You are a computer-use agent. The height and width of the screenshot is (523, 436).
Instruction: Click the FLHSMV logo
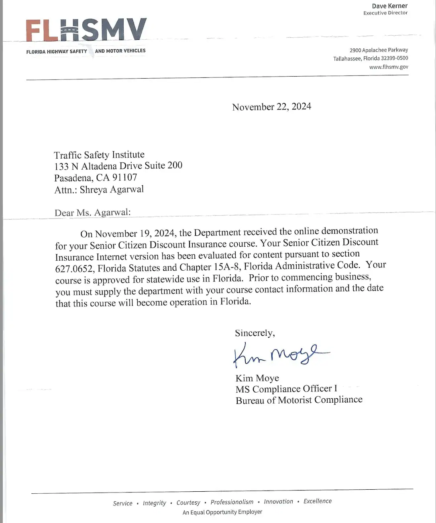pos(86,30)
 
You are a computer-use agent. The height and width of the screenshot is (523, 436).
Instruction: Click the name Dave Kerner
pos(389,6)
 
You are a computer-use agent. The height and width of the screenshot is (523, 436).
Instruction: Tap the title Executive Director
pos(385,13)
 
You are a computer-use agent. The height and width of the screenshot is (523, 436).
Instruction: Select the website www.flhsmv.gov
pos(389,67)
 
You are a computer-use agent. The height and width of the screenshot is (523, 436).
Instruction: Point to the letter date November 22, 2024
pos(271,107)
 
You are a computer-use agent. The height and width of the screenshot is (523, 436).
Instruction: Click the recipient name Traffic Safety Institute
pos(99,155)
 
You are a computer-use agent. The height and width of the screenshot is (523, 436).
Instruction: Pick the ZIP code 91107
pos(124,177)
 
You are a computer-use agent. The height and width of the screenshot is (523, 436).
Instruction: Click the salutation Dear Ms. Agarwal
pos(92,213)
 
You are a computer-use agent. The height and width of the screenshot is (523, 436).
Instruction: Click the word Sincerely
pos(255,333)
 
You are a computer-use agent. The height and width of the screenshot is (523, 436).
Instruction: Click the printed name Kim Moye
pos(257,378)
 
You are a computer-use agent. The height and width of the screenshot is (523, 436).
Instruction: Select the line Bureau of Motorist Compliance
pos(299,400)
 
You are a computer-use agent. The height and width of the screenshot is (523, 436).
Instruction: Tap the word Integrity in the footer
pos(154,503)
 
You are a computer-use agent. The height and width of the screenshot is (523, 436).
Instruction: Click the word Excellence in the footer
pos(318,501)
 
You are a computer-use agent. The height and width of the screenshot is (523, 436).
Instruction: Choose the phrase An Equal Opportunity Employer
pos(222,512)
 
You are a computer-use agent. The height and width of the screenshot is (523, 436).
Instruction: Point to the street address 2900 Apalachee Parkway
pos(379,50)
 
